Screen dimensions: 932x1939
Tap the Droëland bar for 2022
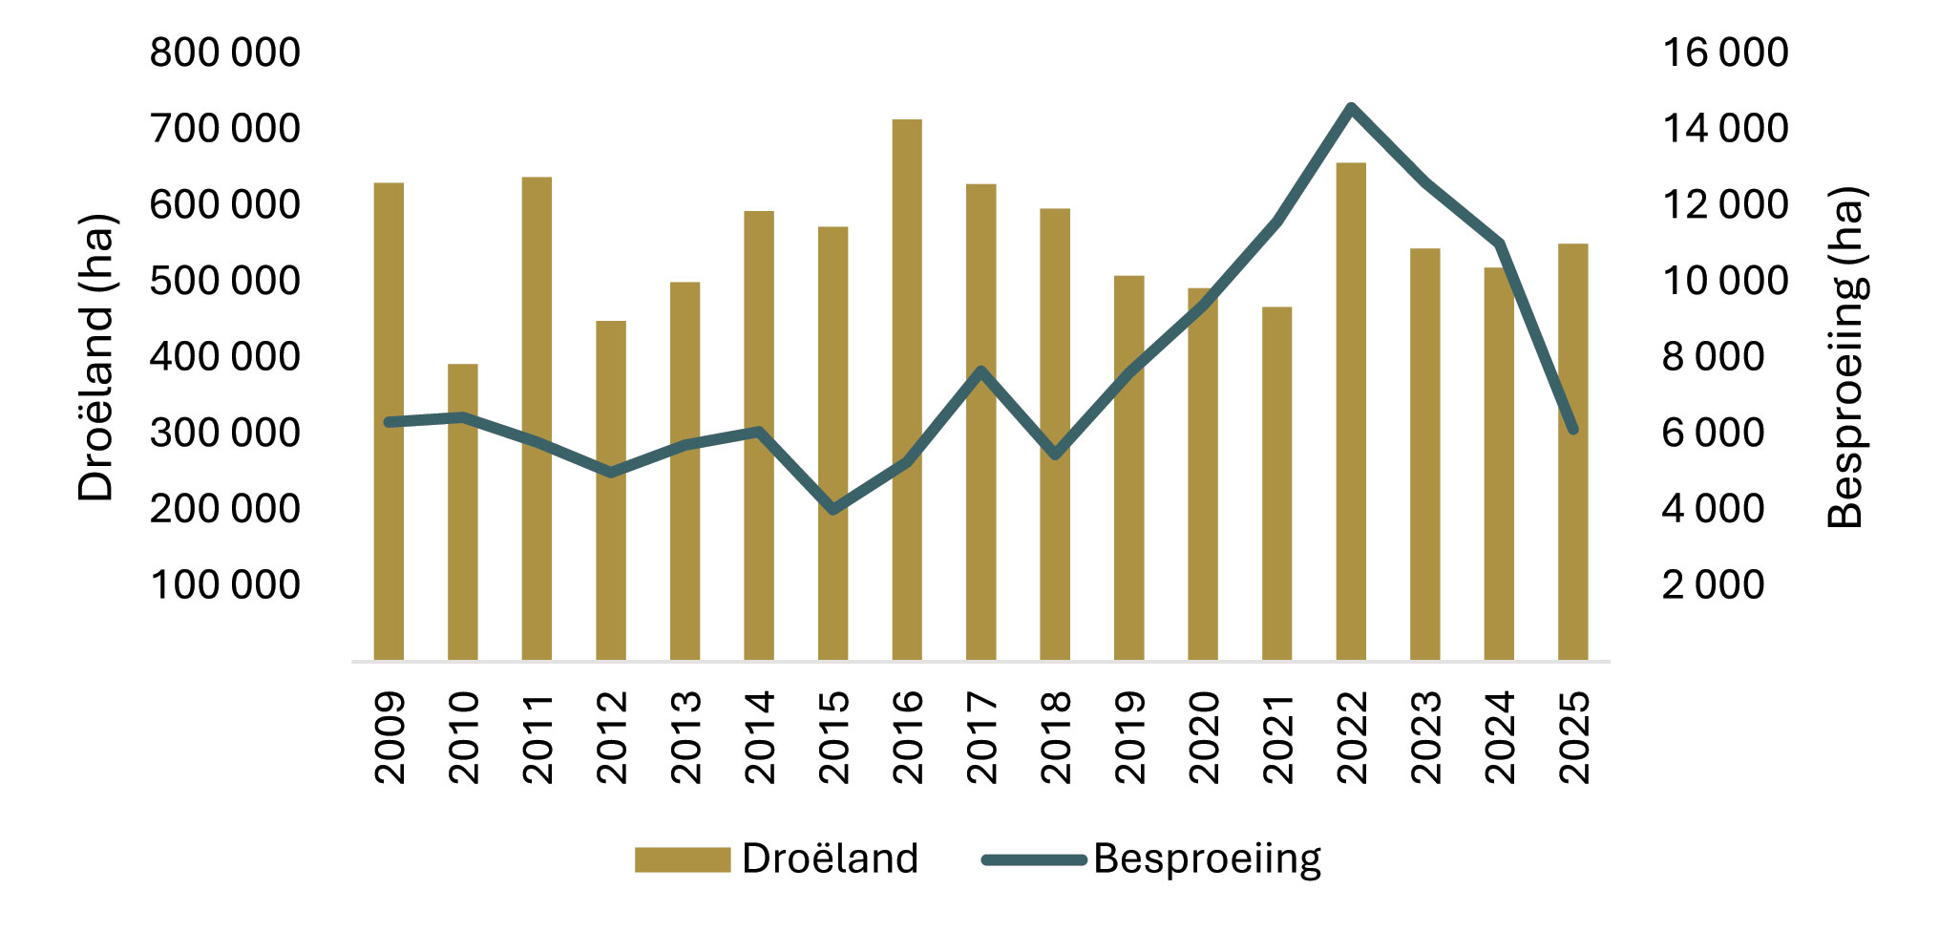pos(1351,412)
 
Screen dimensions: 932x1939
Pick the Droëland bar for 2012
pos(611,491)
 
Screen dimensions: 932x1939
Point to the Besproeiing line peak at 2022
pos(1351,107)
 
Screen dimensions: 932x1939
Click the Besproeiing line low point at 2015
pos(833,510)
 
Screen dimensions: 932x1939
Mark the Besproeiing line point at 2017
pos(981,370)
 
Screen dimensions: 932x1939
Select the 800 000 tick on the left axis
pos(225,53)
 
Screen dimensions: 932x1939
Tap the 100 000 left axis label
pos(225,584)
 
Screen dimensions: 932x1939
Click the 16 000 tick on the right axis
pos(1725,53)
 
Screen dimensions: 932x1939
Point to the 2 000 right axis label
pos(1714,584)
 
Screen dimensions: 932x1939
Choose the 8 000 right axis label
pos(1714,356)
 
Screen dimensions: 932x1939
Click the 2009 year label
pos(390,737)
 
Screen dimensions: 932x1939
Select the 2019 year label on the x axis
pos(1129,737)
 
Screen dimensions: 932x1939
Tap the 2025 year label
pos(1573,737)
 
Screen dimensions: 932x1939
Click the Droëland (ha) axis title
pos(95,357)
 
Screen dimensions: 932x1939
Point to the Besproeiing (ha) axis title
pos(1845,357)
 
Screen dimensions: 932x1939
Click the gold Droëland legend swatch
pos(682,859)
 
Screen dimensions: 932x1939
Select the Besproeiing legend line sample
pos(1035,859)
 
